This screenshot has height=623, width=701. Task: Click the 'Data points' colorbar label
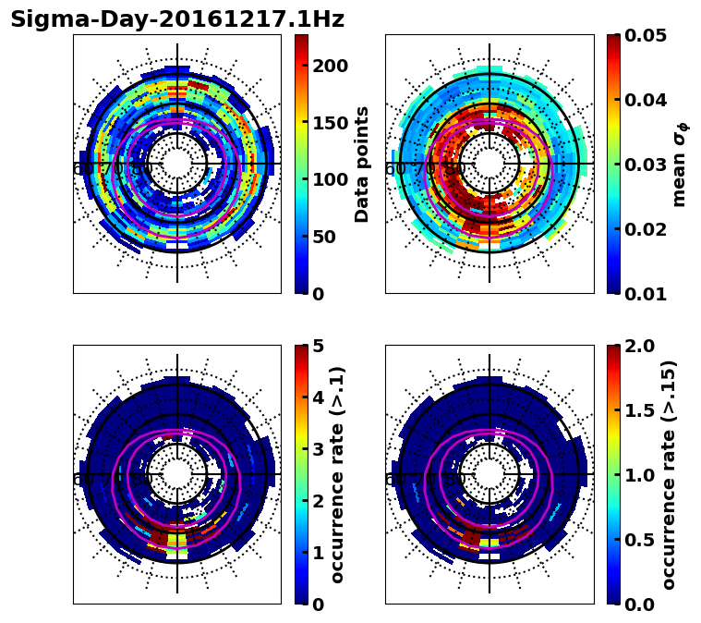pyautogui.click(x=362, y=164)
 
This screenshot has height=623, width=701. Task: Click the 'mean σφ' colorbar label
pyautogui.click(x=680, y=164)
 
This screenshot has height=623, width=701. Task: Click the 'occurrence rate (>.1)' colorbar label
pyautogui.click(x=338, y=474)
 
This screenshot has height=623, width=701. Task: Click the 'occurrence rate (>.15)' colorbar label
pyautogui.click(x=669, y=474)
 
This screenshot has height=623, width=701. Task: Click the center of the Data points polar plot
pyautogui.click(x=177, y=164)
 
